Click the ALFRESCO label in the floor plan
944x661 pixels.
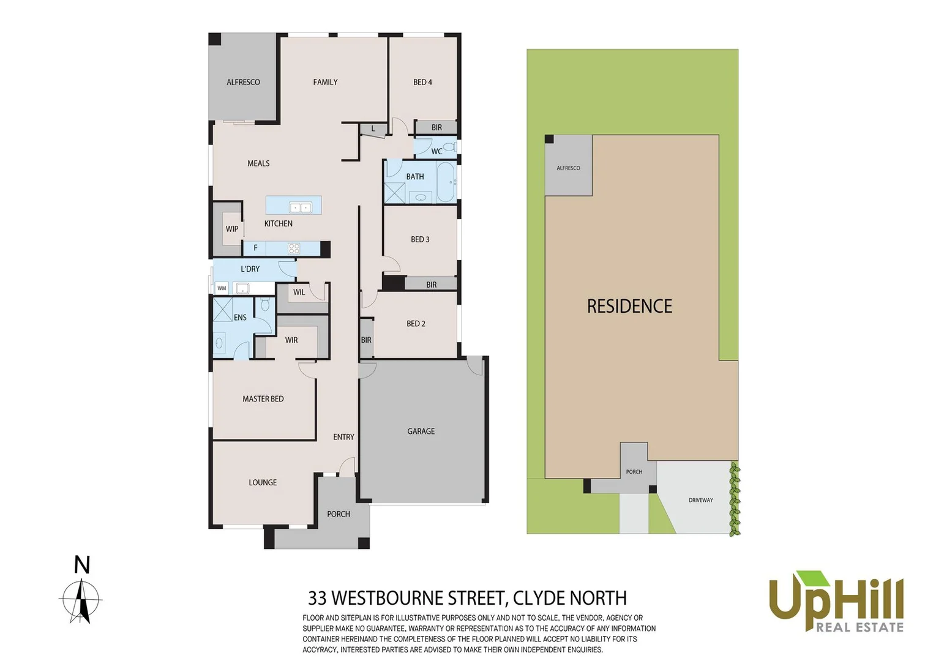click(243, 82)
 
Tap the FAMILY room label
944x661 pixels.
click(325, 82)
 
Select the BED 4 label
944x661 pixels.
click(422, 82)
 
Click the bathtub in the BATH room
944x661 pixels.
click(446, 182)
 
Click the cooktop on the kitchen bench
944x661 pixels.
click(294, 248)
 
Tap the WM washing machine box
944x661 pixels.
click(222, 288)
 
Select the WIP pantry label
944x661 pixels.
click(232, 229)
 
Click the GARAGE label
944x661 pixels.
click(421, 431)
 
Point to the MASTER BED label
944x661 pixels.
click(263, 399)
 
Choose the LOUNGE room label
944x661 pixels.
click(263, 482)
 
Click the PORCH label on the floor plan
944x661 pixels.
click(339, 514)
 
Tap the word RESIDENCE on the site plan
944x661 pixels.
click(629, 306)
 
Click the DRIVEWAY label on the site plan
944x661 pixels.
click(701, 500)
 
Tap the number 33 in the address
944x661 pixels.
click(317, 598)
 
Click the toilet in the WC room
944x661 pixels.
click(450, 147)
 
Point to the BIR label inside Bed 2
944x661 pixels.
click(366, 340)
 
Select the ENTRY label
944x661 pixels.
click(343, 437)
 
